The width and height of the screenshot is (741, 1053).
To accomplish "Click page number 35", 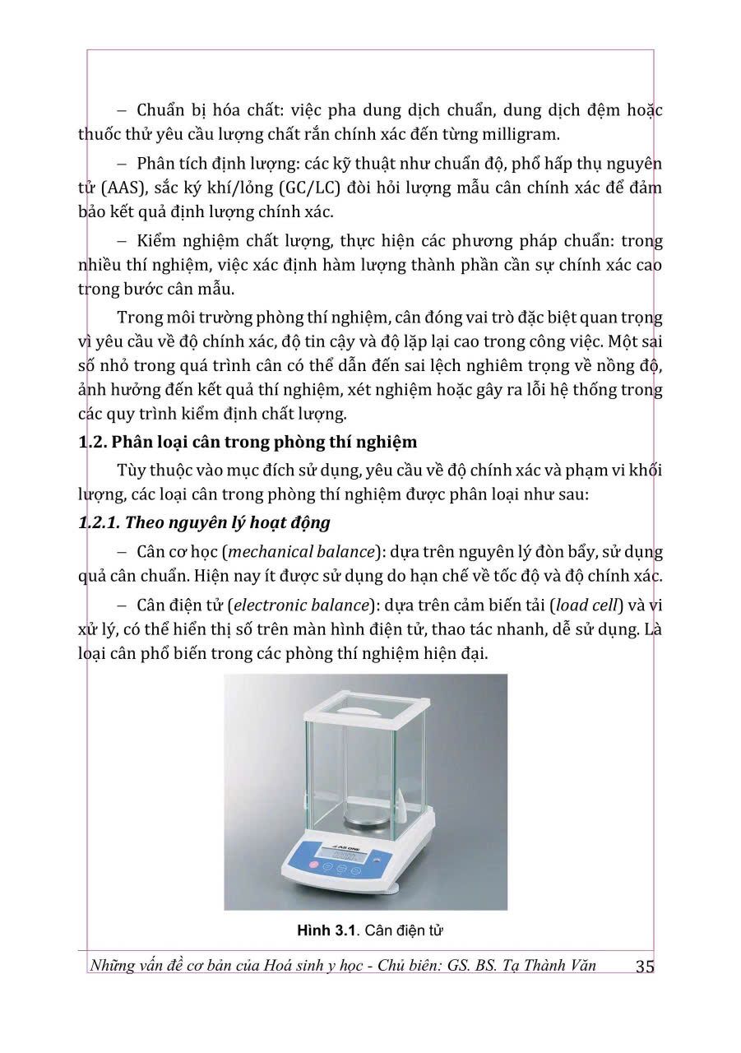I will pos(645,967).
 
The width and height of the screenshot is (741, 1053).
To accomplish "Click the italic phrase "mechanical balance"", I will pos(322,552).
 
